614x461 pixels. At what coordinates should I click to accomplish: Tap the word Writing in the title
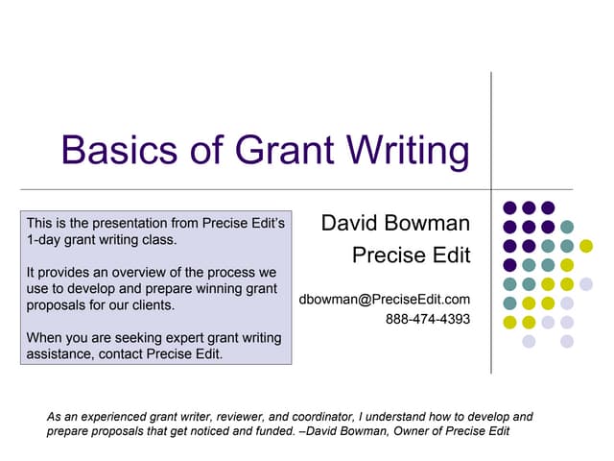click(x=403, y=151)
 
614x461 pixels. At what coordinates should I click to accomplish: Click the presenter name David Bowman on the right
click(x=395, y=224)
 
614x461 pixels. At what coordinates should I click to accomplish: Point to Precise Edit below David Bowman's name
click(x=411, y=255)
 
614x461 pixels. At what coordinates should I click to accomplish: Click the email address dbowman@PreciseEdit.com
click(x=385, y=300)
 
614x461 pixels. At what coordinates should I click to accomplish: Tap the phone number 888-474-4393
click(x=428, y=319)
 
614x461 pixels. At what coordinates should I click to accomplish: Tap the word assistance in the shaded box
click(x=59, y=353)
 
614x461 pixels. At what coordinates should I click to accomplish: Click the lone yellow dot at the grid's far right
click(x=586, y=246)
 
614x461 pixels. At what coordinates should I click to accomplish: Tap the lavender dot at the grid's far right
click(x=586, y=283)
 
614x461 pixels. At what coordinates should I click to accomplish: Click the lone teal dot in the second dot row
click(x=567, y=227)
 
